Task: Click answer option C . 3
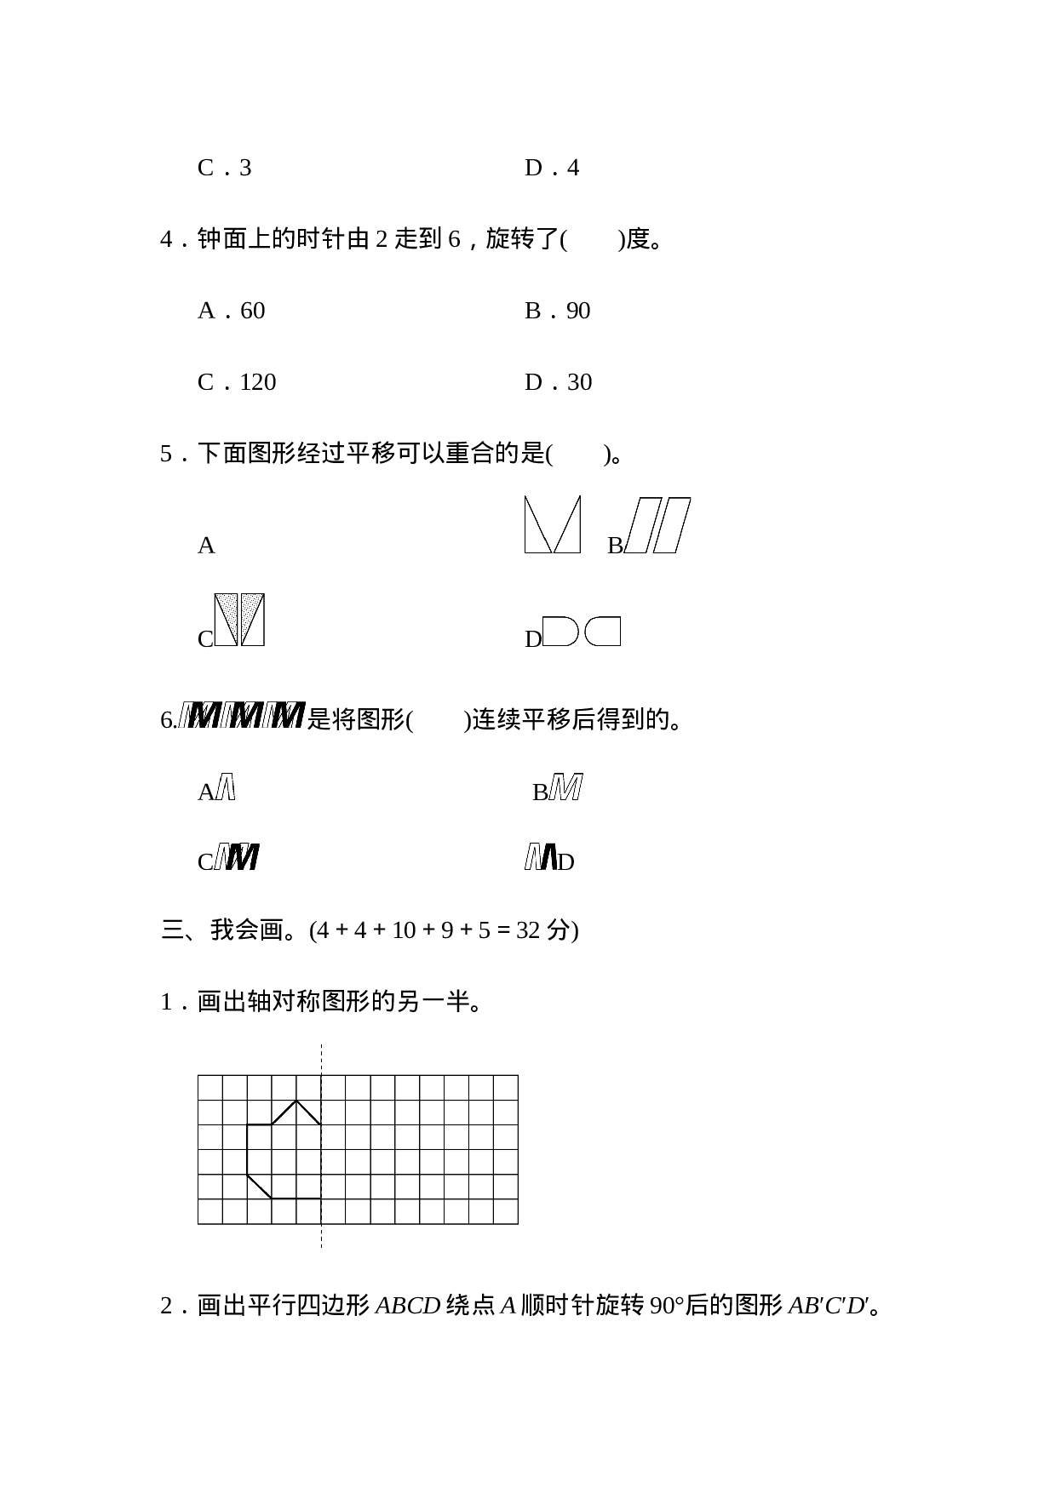point(225,168)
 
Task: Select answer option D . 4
point(552,168)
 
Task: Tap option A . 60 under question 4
point(232,311)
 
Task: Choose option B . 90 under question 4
point(558,311)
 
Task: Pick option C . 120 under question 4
point(238,382)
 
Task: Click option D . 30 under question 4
point(559,382)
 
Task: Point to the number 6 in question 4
point(454,239)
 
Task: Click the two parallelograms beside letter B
point(657,525)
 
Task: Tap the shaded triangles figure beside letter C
point(239,620)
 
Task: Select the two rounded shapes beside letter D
point(582,632)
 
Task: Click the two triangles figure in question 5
point(553,524)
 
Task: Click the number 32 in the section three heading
point(528,930)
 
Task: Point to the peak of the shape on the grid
point(296,1101)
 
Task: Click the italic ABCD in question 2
point(407,1306)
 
